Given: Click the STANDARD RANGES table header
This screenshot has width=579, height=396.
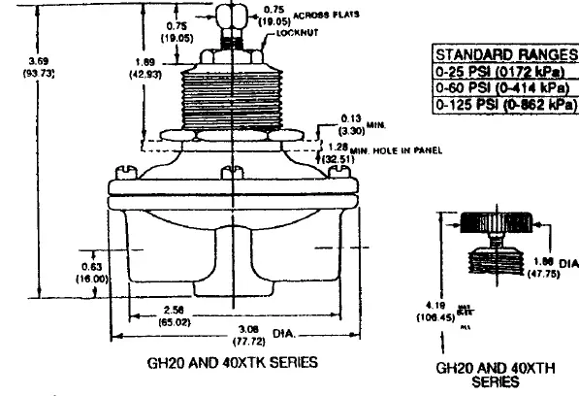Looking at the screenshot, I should coord(504,53).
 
